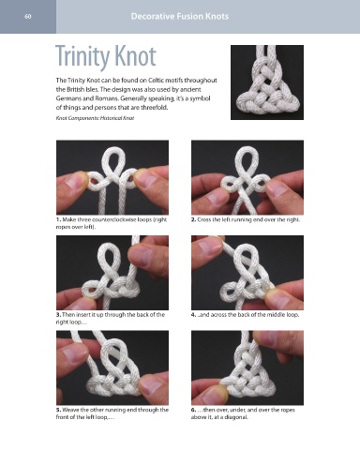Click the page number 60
pos(28,17)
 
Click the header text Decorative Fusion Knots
pos(180,16)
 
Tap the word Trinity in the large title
pos(82,57)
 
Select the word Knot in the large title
pos(135,56)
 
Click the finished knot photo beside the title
pos(267,82)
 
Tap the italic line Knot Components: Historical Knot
pos(95,118)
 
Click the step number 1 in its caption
pos(59,219)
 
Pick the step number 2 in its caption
pos(193,219)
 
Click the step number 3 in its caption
pos(58,315)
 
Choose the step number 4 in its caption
pos(193,315)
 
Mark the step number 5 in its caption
pos(59,410)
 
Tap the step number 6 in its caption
pos(193,410)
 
